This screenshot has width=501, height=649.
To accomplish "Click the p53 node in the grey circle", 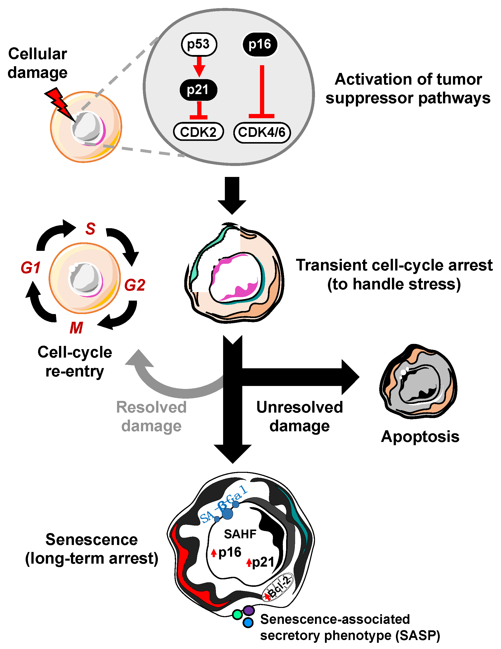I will point(199,45).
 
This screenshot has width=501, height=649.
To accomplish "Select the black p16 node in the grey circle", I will point(260,45).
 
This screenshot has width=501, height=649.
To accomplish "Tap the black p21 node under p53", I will point(198,90).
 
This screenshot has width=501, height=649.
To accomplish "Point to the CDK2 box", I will point(198,132).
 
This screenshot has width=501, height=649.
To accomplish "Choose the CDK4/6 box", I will point(262,132).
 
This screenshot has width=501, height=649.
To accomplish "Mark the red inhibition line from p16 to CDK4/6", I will point(262,92).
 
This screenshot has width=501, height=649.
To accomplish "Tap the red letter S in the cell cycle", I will point(90,229).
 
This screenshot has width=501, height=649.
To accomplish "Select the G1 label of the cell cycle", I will point(30,268).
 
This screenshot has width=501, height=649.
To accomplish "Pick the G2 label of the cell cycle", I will point(134,285).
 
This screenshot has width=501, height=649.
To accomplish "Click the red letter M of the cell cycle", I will point(76,328).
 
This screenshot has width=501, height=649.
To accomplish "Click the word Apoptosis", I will point(420,436).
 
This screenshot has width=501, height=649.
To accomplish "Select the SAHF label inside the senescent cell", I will point(240,534).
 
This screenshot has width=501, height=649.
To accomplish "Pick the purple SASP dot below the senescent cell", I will point(249,611).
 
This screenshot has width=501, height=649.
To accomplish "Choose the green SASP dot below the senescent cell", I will point(237,614).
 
